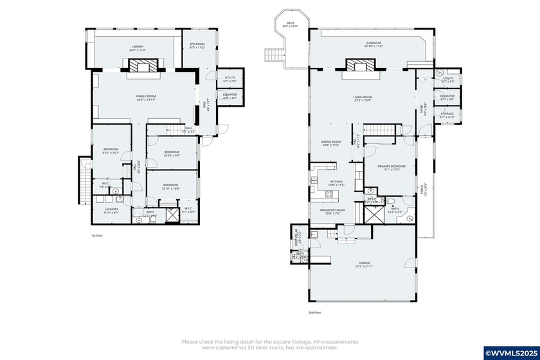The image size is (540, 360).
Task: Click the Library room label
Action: pyautogui.click(x=138, y=47)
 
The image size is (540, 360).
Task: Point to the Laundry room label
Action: pyautogui.click(x=107, y=210)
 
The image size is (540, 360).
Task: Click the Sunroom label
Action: pyautogui.click(x=373, y=44)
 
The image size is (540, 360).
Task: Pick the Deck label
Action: pyautogui.click(x=291, y=24)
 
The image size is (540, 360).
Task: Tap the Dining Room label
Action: pyautogui.click(x=330, y=143)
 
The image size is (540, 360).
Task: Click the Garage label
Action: pyautogui.click(x=365, y=264)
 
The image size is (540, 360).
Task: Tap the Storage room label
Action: pyautogui.click(x=447, y=116)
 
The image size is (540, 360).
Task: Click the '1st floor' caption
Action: pyautogui.click(x=97, y=236)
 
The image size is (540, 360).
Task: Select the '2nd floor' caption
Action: pyautogui.click(x=314, y=312)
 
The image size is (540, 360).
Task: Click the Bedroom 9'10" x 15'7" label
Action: pyautogui.click(x=111, y=152)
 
